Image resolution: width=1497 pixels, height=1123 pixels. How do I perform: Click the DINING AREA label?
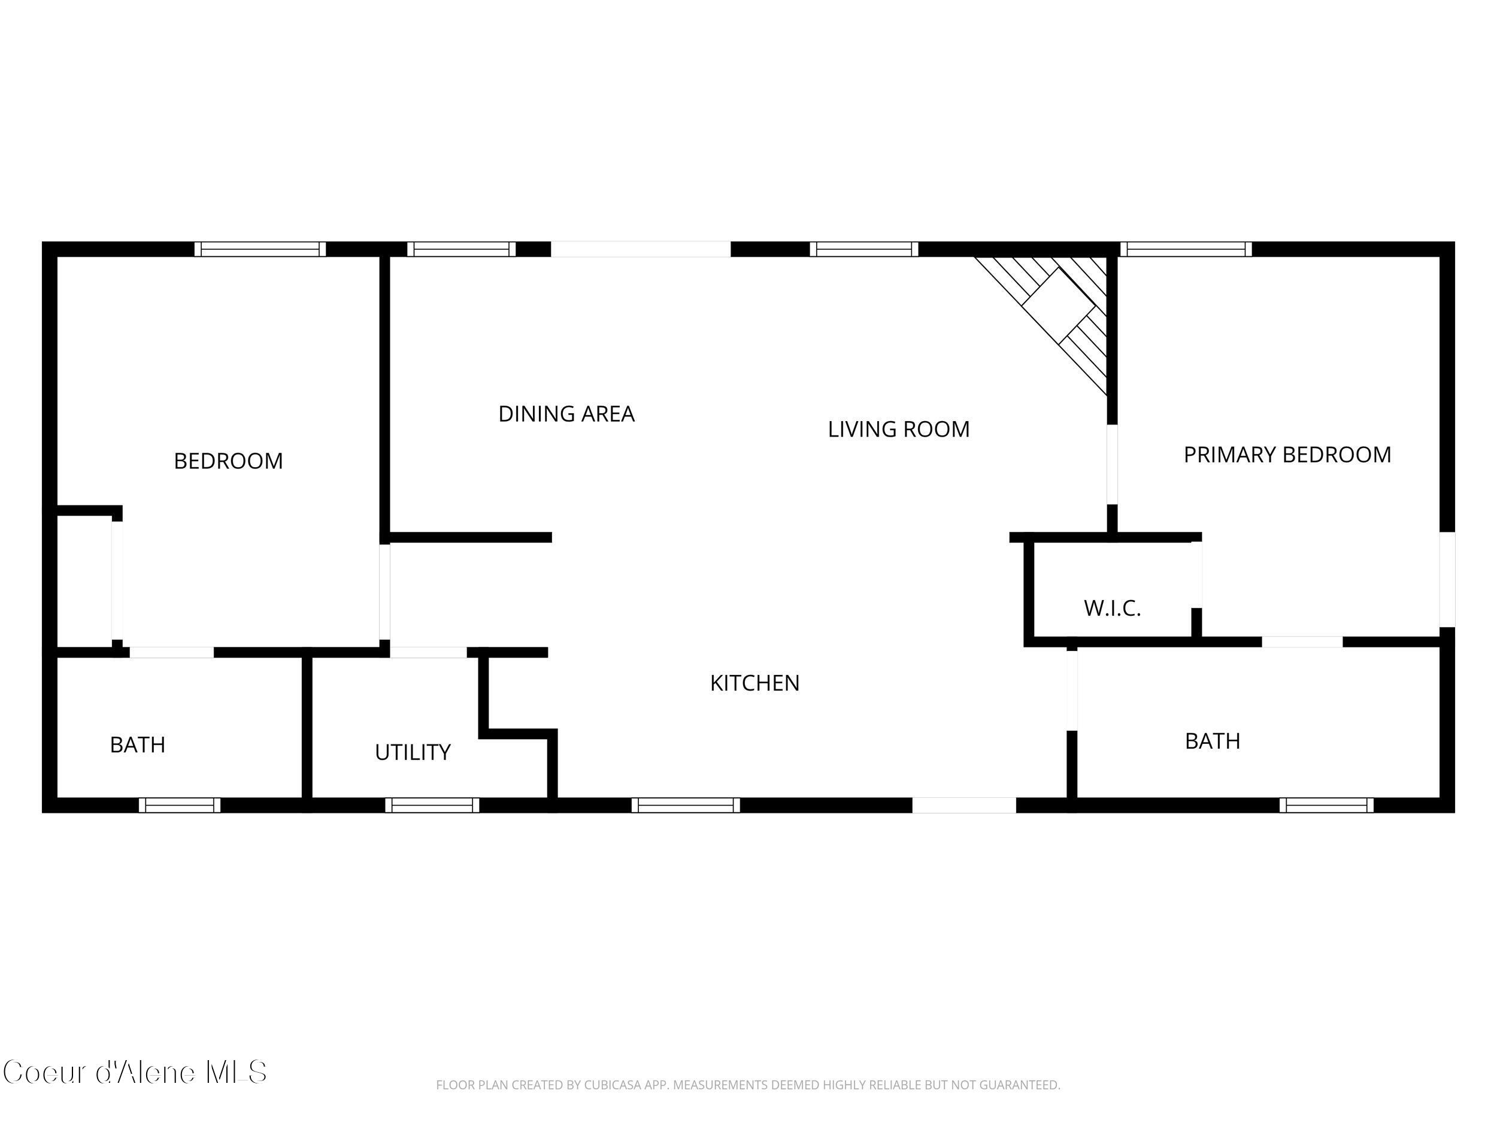coord(566,414)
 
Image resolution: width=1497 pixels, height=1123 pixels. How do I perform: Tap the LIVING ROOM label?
coord(898,429)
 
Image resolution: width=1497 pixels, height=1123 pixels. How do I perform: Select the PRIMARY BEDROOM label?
coord(1287,454)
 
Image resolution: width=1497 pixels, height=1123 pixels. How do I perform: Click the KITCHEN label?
coord(754,683)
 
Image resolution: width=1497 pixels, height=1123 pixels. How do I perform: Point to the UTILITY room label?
coord(413,752)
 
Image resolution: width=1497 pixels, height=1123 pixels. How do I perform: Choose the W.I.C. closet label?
coord(1112,608)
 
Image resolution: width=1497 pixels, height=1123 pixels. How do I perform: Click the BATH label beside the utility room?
coord(137,744)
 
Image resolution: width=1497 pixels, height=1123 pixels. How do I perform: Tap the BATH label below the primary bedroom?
coord(1212,741)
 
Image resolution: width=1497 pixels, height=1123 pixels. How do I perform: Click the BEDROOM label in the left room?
coord(228,461)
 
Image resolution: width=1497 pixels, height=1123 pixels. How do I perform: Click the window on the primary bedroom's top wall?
coord(1185,249)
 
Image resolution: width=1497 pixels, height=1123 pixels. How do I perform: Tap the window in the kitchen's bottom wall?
coord(686,805)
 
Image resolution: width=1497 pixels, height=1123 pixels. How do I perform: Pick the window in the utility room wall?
coord(432,805)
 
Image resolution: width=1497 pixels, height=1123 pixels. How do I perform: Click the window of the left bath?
coord(180,805)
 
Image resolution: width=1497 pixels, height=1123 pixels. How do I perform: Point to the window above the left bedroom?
coord(260,249)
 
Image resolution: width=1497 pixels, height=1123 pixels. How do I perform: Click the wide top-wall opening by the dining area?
coord(640,249)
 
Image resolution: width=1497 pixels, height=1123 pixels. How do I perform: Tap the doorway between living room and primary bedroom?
coord(1111,464)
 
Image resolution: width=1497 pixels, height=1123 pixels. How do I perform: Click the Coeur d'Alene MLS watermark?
coord(135,1073)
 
